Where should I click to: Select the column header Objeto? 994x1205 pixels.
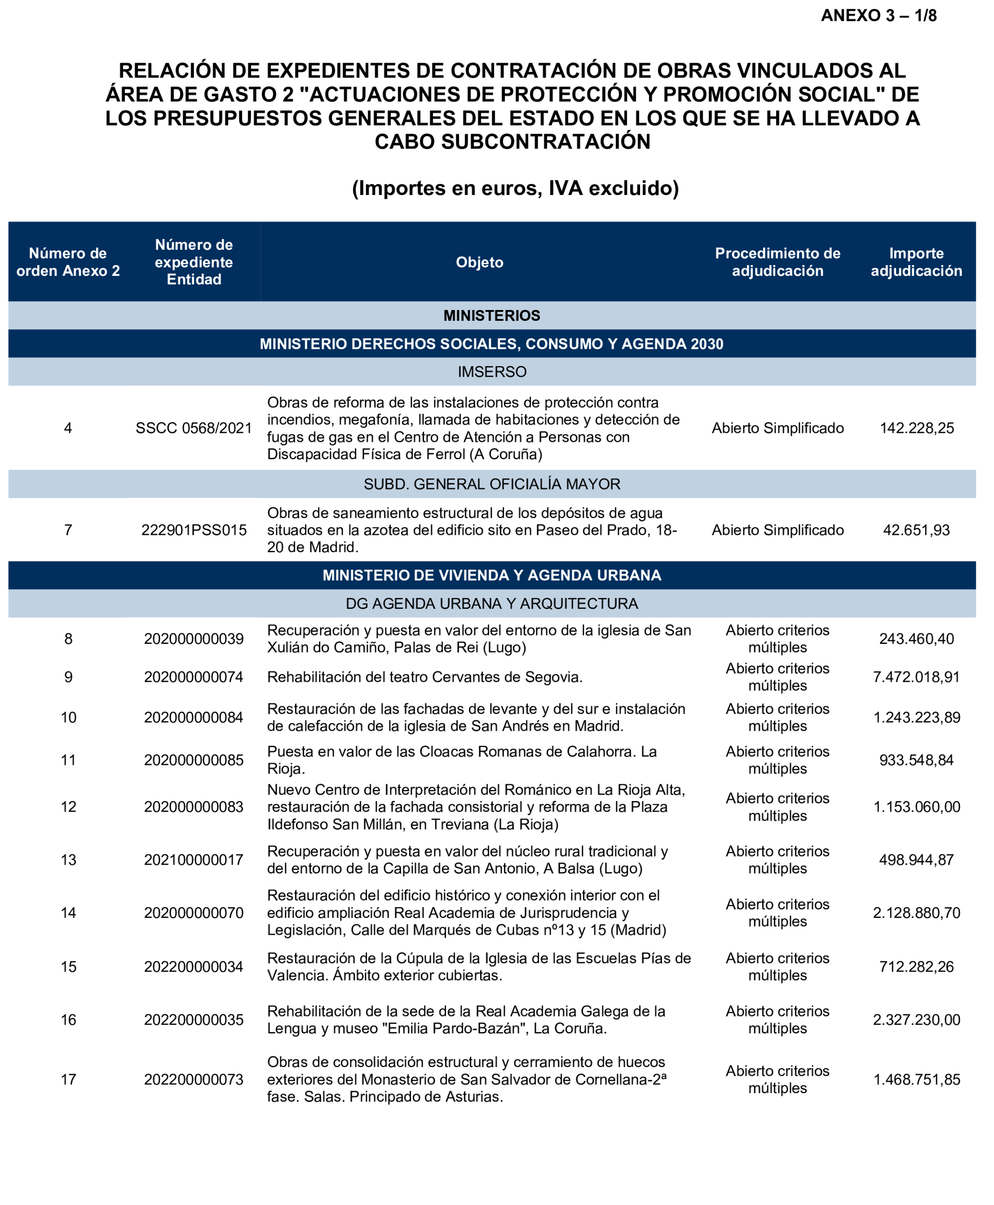(x=479, y=262)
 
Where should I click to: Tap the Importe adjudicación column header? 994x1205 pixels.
(x=916, y=262)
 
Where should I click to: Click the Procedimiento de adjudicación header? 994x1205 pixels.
(x=777, y=262)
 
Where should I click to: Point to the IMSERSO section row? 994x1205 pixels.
(x=491, y=372)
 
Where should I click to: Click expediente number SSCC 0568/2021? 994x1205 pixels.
(x=194, y=428)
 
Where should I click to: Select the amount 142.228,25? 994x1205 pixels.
(x=916, y=428)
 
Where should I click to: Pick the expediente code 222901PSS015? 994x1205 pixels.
(x=194, y=530)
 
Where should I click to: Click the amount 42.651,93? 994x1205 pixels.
(x=916, y=530)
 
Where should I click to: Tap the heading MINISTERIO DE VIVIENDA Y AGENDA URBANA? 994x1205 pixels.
(x=491, y=575)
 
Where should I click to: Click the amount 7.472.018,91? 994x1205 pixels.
(x=916, y=677)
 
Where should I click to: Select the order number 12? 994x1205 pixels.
(x=68, y=807)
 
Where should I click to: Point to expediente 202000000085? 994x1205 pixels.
(x=194, y=760)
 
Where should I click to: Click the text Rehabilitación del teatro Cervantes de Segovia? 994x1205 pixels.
(x=424, y=677)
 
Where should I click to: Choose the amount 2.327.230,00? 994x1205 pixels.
(x=916, y=1020)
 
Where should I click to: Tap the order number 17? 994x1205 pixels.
(x=68, y=1080)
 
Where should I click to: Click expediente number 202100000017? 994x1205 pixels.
(x=194, y=859)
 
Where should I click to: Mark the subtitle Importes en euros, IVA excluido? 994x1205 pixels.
(x=515, y=188)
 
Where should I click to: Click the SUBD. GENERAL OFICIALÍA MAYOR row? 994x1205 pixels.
(x=491, y=484)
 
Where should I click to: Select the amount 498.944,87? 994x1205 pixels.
(x=916, y=859)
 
